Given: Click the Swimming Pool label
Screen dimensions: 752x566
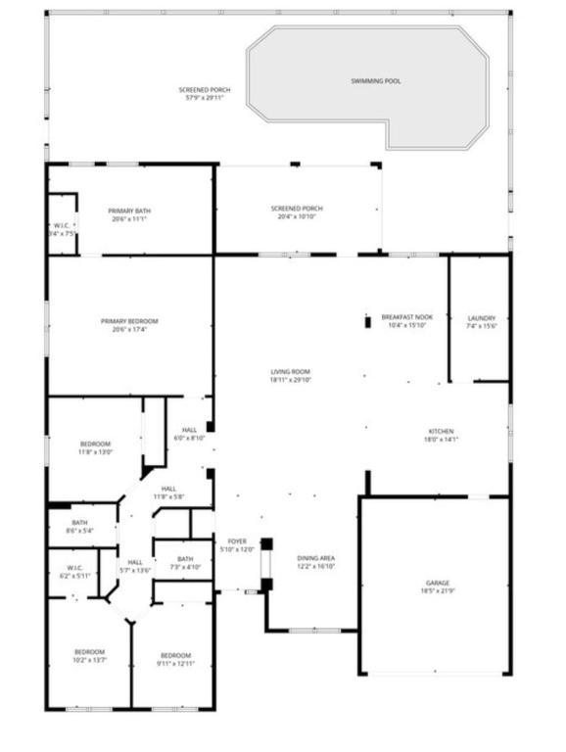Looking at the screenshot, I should [x=376, y=80].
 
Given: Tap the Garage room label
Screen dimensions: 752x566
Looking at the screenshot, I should [x=438, y=583].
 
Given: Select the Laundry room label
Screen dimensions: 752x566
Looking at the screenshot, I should [x=482, y=318].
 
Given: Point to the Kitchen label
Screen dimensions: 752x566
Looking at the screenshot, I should [x=441, y=431].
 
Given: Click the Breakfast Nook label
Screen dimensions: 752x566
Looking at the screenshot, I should [x=407, y=317].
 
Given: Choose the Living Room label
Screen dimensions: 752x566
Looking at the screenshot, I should [x=291, y=372].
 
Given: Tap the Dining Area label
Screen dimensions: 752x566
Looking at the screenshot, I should [x=316, y=558].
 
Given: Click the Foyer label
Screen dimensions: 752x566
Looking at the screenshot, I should [x=237, y=540].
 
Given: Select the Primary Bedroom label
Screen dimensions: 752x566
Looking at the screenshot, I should [x=129, y=321].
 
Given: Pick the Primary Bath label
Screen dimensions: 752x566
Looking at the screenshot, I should [x=129, y=211].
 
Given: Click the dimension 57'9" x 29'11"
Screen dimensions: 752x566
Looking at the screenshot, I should [x=205, y=98].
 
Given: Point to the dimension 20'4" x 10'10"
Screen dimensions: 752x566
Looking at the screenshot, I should [x=297, y=216].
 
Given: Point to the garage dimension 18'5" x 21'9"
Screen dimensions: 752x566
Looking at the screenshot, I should [x=438, y=591].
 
